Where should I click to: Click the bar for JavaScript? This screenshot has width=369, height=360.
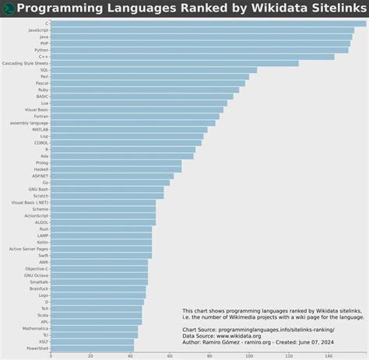202,30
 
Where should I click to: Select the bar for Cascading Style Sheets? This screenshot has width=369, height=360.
174,63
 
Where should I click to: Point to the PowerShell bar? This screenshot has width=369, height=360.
93,348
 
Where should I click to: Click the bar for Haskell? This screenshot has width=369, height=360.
116,169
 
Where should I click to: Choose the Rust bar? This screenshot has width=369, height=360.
101,229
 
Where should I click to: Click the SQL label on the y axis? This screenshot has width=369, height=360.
44,70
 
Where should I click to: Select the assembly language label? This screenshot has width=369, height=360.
30,123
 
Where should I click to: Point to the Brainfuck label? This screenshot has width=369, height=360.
39,288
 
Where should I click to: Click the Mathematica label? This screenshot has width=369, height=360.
35,328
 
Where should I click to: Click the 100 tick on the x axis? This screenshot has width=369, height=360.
249,356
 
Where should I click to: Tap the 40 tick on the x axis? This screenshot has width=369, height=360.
130,356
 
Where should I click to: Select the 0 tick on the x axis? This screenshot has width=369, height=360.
51,356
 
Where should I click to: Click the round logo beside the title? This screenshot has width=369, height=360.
8,8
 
